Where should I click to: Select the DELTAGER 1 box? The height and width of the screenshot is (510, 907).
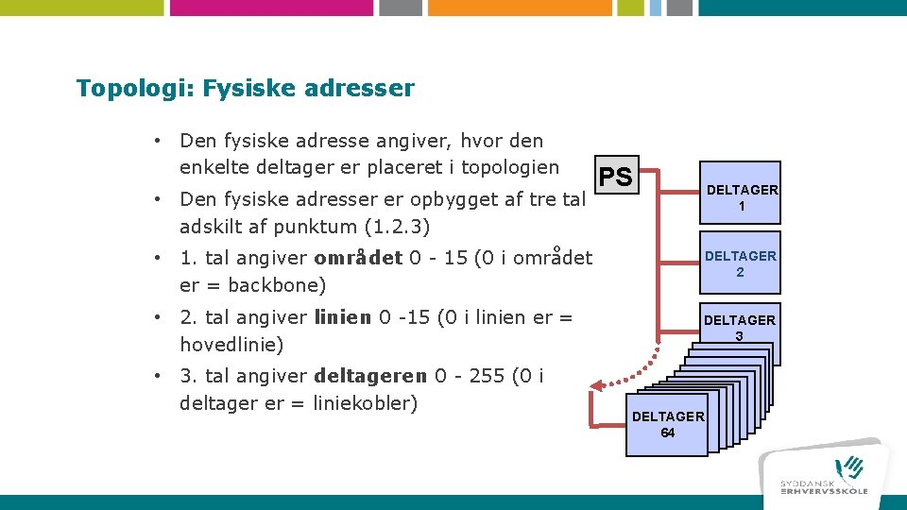point(742,197)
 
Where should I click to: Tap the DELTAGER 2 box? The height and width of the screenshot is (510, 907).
point(741,263)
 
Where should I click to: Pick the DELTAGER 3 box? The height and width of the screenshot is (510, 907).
point(739,328)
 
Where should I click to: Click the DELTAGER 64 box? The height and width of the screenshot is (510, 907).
point(667,425)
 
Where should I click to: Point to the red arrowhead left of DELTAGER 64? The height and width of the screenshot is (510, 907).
point(594,385)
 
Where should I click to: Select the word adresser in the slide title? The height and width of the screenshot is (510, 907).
point(361,89)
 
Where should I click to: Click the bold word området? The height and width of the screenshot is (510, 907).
point(358,258)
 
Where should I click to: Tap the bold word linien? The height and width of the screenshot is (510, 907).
point(343,317)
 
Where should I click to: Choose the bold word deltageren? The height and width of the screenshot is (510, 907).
point(369,376)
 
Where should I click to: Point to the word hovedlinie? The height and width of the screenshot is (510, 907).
point(231,345)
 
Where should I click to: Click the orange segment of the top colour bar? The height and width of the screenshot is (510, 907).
point(506,8)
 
